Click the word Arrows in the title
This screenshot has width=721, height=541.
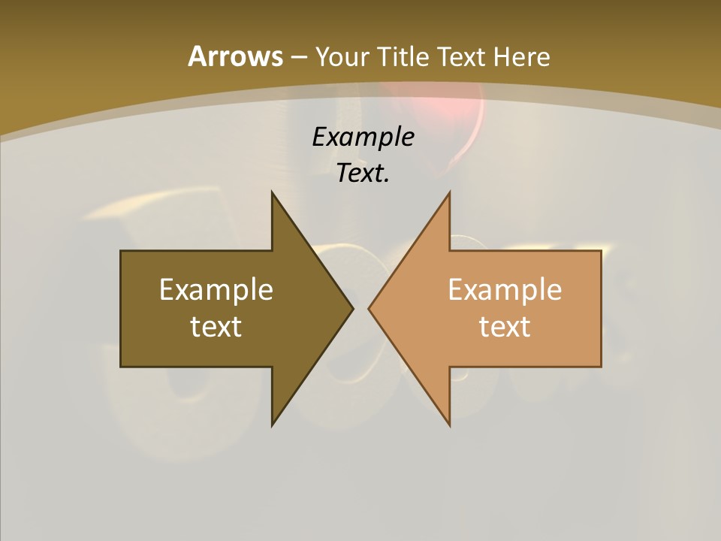click(234, 56)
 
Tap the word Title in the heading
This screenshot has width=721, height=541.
click(409, 56)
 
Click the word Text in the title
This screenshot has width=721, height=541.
click(463, 56)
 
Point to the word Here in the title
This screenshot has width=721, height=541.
click(522, 56)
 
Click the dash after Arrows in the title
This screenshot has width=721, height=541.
click(298, 57)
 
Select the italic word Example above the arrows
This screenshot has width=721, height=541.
click(363, 137)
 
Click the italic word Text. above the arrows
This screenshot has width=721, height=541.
click(363, 174)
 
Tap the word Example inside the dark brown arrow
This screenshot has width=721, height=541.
click(216, 289)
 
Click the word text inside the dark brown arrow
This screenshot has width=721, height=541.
click(216, 327)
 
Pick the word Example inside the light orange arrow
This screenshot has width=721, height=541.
click(505, 289)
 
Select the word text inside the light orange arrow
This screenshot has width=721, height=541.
click(505, 327)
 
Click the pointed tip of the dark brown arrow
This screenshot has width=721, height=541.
click(351, 308)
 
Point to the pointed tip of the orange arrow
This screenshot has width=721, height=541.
click(370, 308)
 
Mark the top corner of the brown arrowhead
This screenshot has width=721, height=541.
click(273, 194)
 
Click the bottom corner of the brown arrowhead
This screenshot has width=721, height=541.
click(273, 424)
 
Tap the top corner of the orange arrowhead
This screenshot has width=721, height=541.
click(449, 194)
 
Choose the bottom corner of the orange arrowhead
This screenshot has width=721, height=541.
click(449, 424)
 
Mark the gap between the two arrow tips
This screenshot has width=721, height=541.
click(360, 308)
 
